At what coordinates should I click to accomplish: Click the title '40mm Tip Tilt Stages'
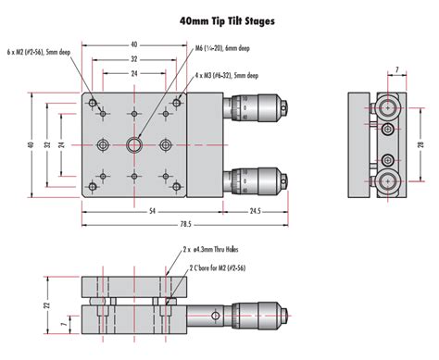(x=219, y=19)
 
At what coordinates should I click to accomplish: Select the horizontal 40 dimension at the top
(x=134, y=43)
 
